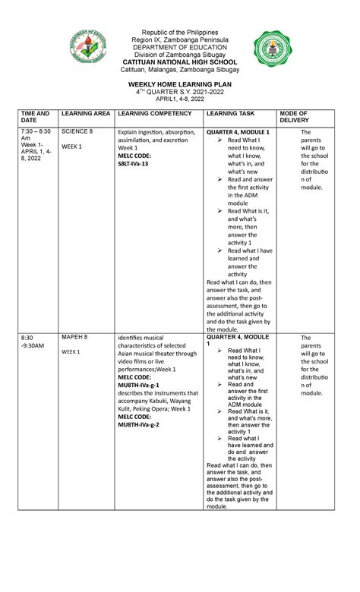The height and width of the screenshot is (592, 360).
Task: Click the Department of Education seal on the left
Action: [90, 51]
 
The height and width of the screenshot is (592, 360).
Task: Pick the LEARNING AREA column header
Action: [86, 113]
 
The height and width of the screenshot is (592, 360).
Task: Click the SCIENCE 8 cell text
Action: [77, 131]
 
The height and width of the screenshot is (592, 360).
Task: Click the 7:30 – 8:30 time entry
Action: [34, 131]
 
